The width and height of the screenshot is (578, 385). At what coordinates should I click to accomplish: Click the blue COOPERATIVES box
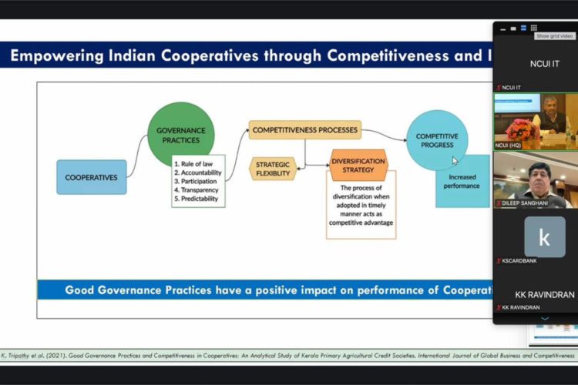coord(91,177)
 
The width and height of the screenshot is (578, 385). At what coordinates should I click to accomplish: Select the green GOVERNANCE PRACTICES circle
coord(181,136)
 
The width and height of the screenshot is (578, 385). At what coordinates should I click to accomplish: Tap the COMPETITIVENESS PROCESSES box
coord(305,130)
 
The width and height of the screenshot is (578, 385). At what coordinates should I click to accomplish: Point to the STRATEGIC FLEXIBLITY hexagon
coord(274,169)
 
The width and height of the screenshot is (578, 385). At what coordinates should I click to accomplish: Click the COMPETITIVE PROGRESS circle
coord(437,140)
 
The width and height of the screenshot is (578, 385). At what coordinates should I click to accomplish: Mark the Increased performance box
coord(462,182)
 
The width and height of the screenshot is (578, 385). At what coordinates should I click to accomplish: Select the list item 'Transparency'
coord(198,189)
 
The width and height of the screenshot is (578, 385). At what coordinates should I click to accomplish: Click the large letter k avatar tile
coord(544,236)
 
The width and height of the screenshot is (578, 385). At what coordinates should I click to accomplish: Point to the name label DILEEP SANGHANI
coord(529,204)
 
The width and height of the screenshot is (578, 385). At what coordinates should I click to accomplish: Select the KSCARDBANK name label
coord(520,261)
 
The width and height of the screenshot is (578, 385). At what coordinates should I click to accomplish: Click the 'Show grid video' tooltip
coord(555,36)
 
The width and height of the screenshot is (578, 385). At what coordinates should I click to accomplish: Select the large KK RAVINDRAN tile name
coord(544,294)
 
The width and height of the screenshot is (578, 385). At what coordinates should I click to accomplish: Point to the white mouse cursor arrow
coord(455,161)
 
